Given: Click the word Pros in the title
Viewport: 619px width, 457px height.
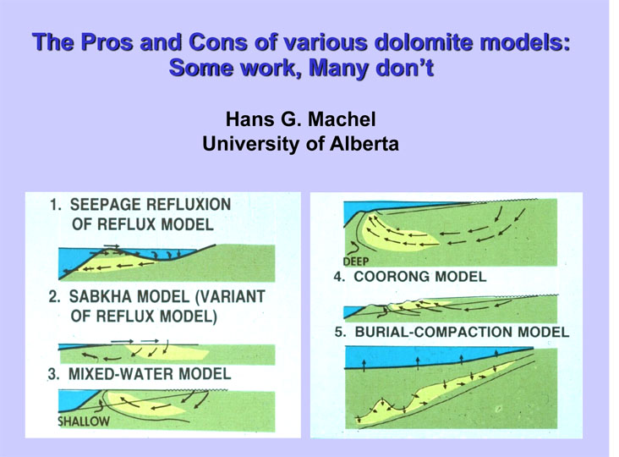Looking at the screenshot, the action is pos(107,41).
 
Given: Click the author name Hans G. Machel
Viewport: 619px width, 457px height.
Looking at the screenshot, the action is pos(301,118).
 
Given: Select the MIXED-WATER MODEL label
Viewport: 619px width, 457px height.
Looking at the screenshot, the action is pos(150,374).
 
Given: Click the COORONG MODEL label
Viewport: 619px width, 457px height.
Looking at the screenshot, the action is pos(420,277).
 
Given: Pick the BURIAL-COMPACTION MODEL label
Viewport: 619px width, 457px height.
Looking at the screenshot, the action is pos(462,332).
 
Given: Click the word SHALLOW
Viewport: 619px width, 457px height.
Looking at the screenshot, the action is pos(84,421).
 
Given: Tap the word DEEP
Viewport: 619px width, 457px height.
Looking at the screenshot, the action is pos(356,262).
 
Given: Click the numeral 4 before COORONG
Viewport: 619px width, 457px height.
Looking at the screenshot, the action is pos(339,277).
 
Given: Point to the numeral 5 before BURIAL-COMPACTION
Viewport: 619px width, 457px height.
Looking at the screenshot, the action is pos(339,332).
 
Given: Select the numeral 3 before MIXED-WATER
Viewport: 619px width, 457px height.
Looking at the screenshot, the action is pos(53,374).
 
